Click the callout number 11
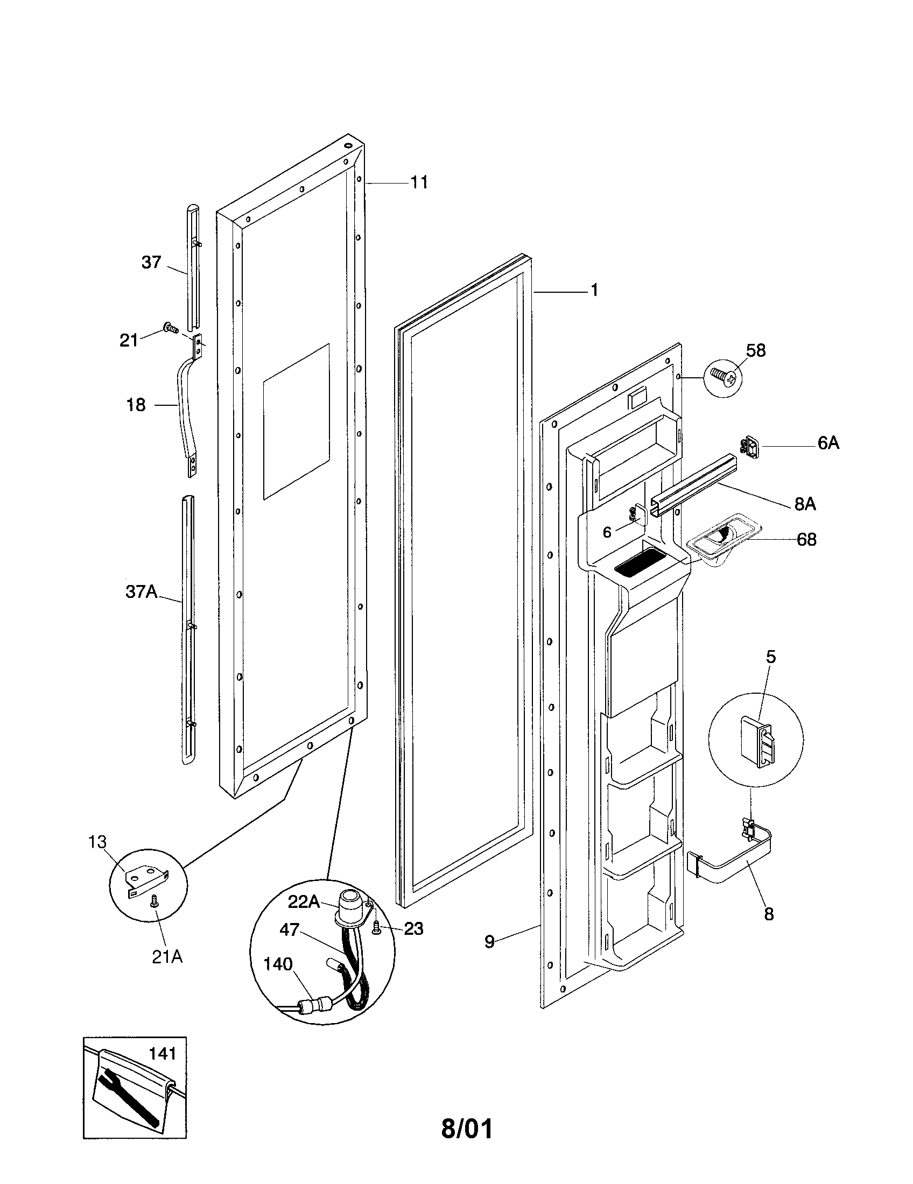click(419, 182)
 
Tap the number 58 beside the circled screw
click(756, 351)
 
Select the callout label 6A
click(828, 443)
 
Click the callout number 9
click(489, 942)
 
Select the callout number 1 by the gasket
click(594, 291)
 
